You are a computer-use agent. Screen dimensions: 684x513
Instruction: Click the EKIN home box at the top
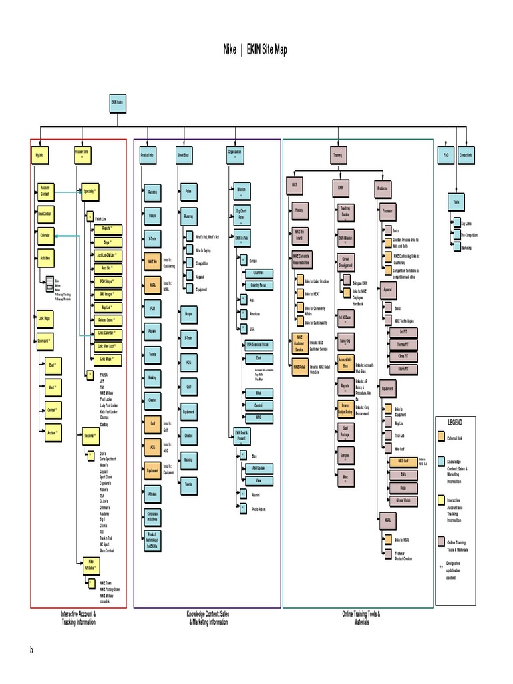point(117,103)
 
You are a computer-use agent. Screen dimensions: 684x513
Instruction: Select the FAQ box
point(446,155)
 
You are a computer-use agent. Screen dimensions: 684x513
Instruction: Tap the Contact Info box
point(466,155)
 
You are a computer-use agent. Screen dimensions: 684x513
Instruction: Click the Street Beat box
point(183,155)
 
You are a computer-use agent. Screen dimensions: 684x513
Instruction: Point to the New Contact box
point(45,213)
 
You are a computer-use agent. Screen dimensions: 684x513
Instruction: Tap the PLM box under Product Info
point(152,309)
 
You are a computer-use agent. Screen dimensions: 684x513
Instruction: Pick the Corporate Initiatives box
point(153,516)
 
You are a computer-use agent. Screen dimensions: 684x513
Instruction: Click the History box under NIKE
point(299,210)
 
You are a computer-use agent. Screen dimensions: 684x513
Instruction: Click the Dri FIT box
point(403,332)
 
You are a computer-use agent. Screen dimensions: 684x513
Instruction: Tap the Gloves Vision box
point(403,501)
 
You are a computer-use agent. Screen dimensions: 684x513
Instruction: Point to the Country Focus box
point(259,285)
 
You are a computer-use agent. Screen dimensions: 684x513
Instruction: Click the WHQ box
point(259,417)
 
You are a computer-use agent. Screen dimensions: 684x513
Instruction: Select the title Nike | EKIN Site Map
point(256,50)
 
